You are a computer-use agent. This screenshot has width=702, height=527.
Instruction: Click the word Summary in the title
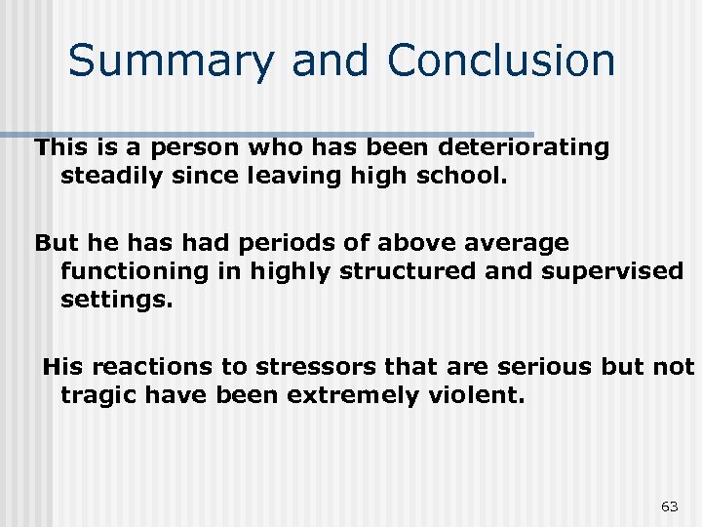tap(173, 61)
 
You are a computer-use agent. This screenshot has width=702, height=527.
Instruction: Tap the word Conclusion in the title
tap(501, 61)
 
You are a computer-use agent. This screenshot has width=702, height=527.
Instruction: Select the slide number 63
tap(670, 506)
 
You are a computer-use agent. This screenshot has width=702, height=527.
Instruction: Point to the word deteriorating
tap(525, 148)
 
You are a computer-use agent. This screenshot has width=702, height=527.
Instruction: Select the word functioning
tap(135, 270)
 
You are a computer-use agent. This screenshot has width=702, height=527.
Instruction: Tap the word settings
tap(116, 299)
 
